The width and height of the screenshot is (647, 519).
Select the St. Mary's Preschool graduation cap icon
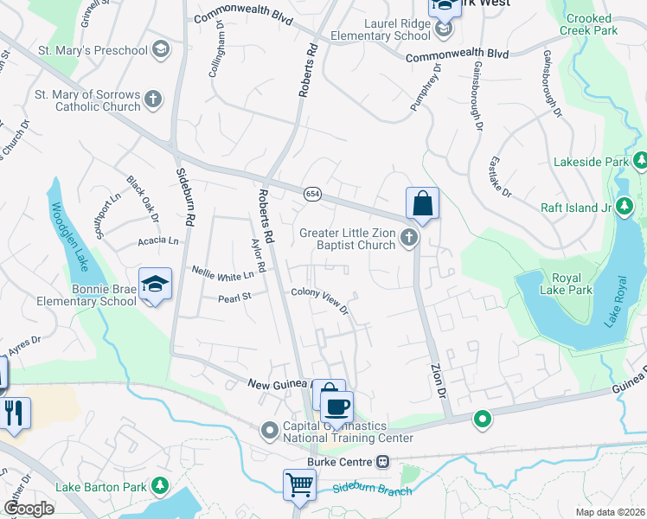(159, 49)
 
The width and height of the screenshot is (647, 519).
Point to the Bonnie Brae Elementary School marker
(156, 285)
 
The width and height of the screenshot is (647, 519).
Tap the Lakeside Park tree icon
(641, 161)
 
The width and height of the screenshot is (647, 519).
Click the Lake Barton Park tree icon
(159, 487)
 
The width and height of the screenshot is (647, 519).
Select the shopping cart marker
(299, 484)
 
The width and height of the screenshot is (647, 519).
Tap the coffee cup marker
(336, 406)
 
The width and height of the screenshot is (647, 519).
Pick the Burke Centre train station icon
(381, 462)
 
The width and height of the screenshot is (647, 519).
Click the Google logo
(29, 509)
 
